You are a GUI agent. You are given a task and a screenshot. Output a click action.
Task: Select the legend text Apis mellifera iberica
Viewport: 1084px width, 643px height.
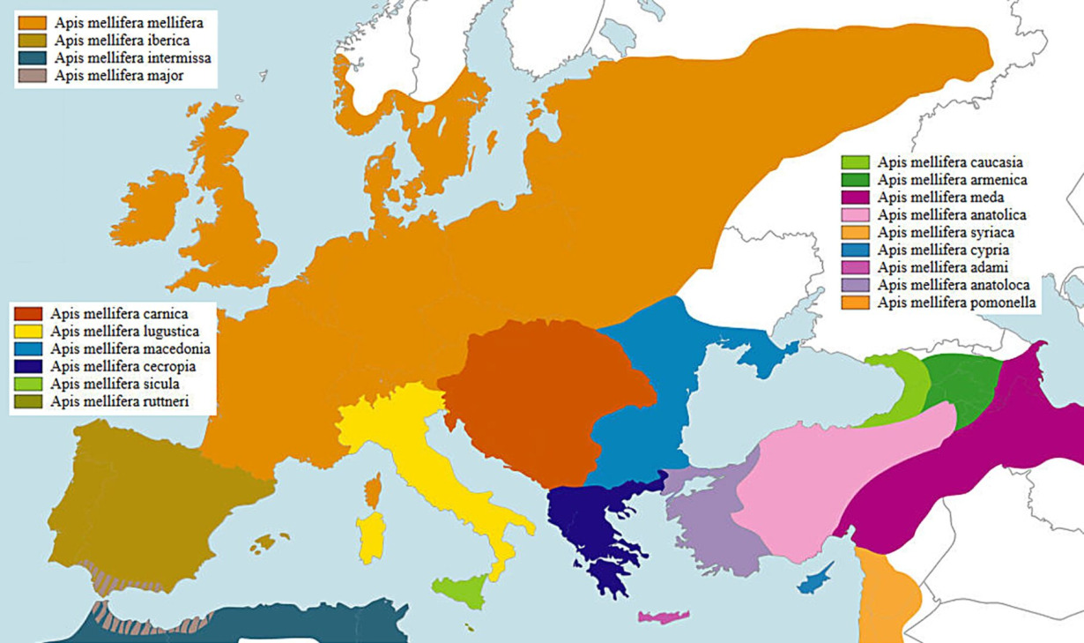(122, 41)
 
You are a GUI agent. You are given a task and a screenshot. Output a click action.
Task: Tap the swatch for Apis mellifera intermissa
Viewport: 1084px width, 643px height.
(33, 58)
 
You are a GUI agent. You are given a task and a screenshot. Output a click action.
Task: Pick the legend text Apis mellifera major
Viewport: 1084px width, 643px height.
(118, 76)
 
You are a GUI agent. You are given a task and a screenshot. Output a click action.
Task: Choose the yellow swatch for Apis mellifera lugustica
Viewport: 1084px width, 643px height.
(29, 332)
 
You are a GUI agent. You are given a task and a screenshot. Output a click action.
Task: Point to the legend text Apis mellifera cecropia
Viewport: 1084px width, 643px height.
(123, 367)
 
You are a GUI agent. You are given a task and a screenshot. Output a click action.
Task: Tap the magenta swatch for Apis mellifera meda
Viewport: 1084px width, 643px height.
(856, 198)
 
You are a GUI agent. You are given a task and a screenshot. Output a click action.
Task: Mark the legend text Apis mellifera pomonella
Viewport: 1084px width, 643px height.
(957, 303)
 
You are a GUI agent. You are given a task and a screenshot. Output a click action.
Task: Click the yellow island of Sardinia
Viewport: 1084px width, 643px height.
(371, 536)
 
